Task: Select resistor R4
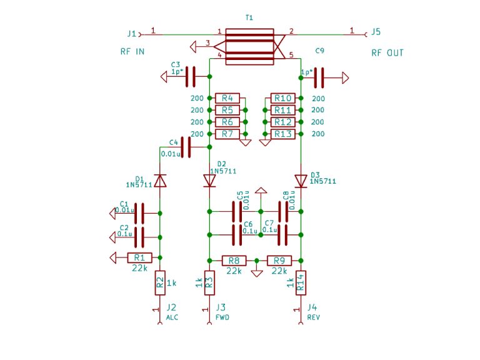[227, 98]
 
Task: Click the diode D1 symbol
[161, 181]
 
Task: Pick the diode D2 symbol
[209, 181]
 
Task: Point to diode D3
[301, 181]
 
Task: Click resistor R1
[139, 257]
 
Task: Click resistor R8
[233, 260]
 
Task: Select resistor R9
[279, 260]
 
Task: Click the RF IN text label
[132, 52]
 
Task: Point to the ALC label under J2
[172, 317]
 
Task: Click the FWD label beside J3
[222, 317]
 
